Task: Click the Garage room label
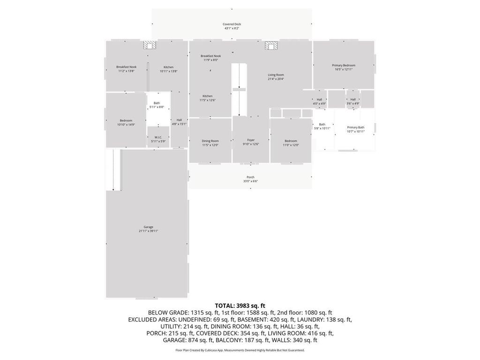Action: click(148, 229)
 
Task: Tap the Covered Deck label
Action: click(232, 26)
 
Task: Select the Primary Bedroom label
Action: click(344, 67)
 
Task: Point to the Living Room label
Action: click(276, 77)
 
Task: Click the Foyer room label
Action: click(251, 142)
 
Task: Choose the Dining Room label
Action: click(210, 143)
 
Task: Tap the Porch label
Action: click(250, 179)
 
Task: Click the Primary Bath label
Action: click(355, 129)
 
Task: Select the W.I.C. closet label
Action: click(158, 139)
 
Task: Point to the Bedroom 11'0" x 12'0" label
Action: click(291, 143)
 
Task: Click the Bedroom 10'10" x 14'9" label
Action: click(126, 122)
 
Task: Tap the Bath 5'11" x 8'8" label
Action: click(157, 105)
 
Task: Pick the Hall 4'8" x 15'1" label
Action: click(179, 122)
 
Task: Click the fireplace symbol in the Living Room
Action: click(271, 45)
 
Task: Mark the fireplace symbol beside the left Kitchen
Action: click(150, 45)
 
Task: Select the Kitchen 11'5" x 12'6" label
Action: click(207, 98)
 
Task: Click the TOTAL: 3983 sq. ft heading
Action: click(240, 306)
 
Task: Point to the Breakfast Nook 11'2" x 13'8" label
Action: click(126, 69)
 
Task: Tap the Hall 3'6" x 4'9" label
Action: click(353, 101)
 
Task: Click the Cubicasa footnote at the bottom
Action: click(240, 350)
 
